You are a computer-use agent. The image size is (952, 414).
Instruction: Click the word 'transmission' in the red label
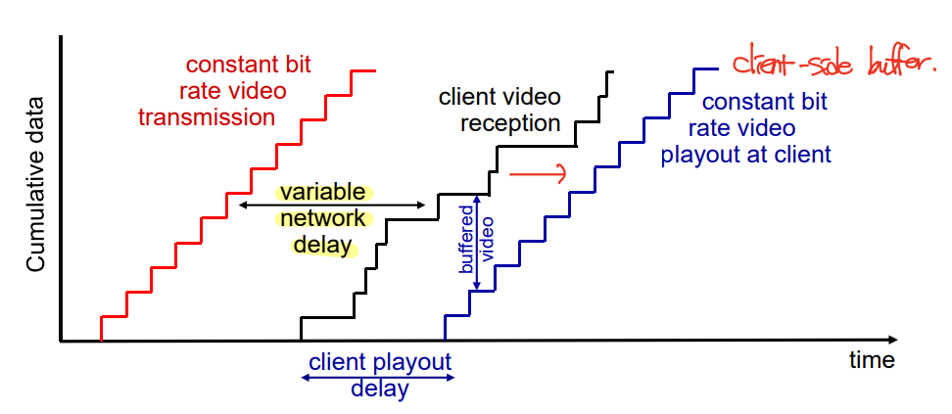(206, 117)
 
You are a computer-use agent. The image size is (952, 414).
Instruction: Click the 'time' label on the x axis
(872, 359)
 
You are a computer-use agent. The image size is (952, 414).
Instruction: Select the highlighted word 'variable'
(321, 192)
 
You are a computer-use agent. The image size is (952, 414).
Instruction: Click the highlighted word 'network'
(322, 218)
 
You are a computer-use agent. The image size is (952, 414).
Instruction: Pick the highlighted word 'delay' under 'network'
(322, 245)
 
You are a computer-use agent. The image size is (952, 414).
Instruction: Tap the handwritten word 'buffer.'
(900, 65)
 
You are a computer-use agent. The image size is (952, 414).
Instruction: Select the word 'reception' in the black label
(511, 123)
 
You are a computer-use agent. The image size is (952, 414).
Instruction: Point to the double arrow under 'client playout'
(378, 377)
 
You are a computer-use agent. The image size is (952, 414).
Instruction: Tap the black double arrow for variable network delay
(332, 205)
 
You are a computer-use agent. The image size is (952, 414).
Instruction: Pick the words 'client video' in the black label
(500, 98)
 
